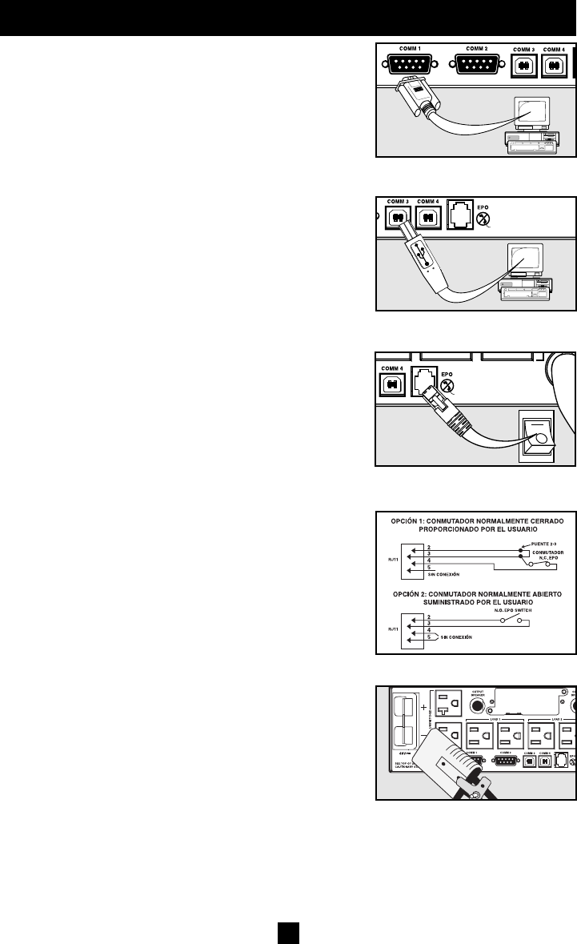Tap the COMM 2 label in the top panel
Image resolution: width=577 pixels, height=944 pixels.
coord(478,50)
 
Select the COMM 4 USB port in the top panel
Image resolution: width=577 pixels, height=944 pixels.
coord(554,66)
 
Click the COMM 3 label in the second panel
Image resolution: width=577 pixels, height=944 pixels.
coord(396,201)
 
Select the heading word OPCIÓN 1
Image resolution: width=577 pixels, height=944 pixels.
coord(414,520)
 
